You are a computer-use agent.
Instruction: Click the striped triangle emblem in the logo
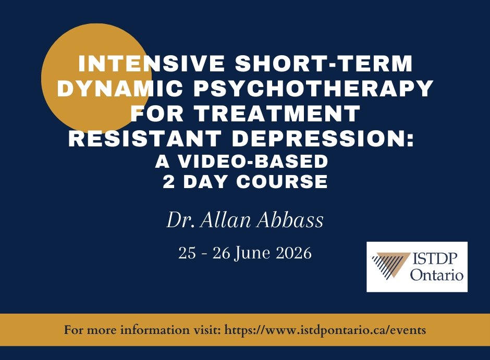(390, 266)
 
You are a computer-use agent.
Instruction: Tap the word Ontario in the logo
(436, 275)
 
